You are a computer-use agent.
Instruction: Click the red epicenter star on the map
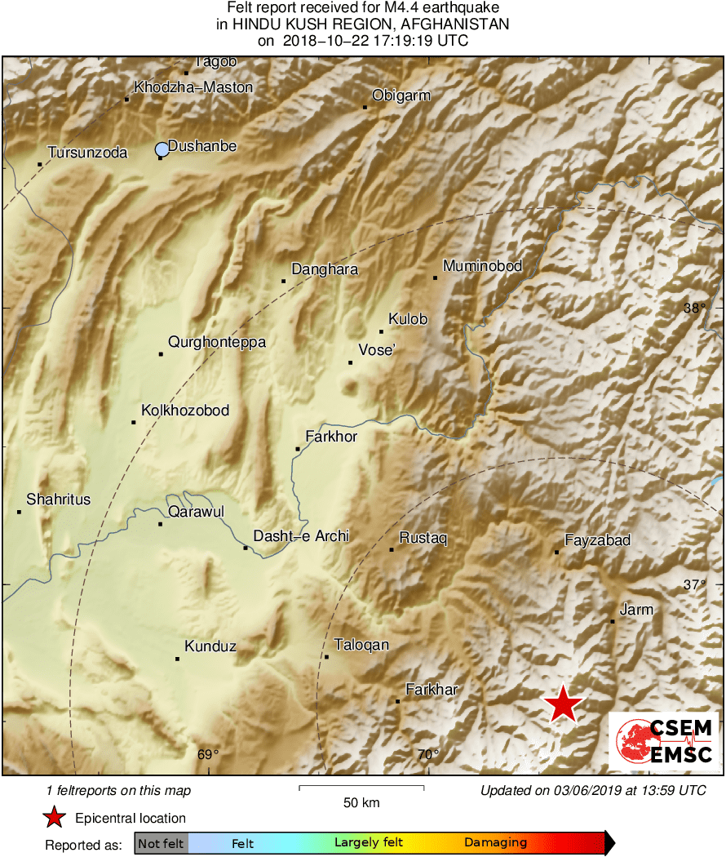coord(562,704)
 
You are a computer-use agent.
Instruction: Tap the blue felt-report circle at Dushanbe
coord(162,149)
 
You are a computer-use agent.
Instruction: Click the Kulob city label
coord(408,319)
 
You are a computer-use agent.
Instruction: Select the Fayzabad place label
coord(598,540)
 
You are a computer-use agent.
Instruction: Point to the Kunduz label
coord(210,646)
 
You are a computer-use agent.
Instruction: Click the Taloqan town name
coord(361,645)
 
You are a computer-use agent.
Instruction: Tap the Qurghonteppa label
coord(217,342)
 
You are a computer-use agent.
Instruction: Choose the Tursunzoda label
coord(87,153)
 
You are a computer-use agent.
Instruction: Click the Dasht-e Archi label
coord(301,536)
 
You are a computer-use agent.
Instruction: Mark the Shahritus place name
coord(58,500)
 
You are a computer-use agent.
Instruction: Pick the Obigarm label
coord(401,95)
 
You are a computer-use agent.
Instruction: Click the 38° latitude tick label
coord(694,309)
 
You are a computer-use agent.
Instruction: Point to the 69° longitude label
coord(209,755)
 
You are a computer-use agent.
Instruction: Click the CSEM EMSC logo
coord(663,741)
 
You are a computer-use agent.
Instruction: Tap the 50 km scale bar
coord(361,788)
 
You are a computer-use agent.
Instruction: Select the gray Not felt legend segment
coord(162,843)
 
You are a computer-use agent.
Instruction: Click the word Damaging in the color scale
coord(495,842)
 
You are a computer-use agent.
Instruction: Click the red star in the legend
coord(54,818)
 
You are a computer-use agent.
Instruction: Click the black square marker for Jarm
coord(613,622)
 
